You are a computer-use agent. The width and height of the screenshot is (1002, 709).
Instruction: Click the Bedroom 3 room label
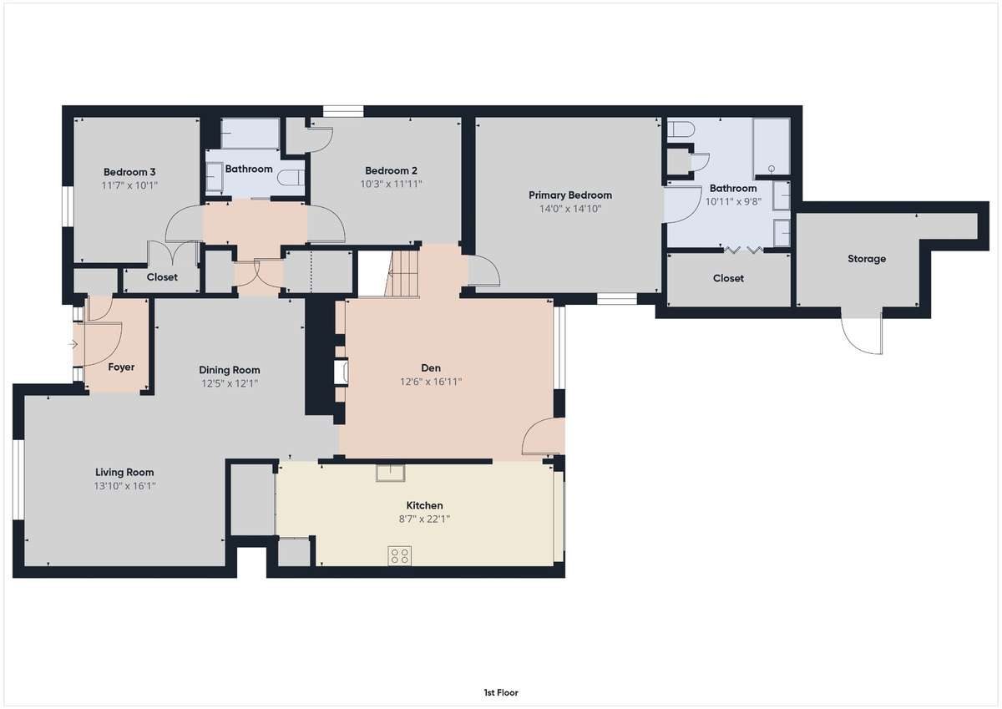129,172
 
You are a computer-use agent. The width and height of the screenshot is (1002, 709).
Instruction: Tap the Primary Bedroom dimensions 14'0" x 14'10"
569,209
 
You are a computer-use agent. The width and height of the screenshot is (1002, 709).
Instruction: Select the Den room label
431,367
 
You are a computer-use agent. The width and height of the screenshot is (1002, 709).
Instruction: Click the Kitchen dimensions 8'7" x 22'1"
424,519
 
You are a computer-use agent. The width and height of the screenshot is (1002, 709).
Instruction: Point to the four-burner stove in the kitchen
399,556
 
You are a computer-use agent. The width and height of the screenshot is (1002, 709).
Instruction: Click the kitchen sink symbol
390,473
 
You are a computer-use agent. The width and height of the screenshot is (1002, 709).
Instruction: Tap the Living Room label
124,472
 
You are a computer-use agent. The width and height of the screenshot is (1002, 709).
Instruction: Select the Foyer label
121,367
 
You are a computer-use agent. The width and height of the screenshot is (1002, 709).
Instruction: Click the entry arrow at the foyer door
73,344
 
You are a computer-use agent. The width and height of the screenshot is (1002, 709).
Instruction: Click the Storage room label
867,259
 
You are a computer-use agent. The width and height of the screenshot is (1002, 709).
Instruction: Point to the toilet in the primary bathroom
681,129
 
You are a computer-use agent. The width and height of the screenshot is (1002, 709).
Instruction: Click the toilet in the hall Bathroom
291,177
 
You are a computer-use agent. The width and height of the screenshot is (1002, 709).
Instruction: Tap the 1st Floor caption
501,692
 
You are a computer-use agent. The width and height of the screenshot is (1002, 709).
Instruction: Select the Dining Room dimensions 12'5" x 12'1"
230,383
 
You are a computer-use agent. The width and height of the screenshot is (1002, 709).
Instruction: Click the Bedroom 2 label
391,170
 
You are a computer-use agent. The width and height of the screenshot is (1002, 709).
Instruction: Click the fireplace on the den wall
342,372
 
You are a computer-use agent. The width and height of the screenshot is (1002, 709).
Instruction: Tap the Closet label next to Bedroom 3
162,277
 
